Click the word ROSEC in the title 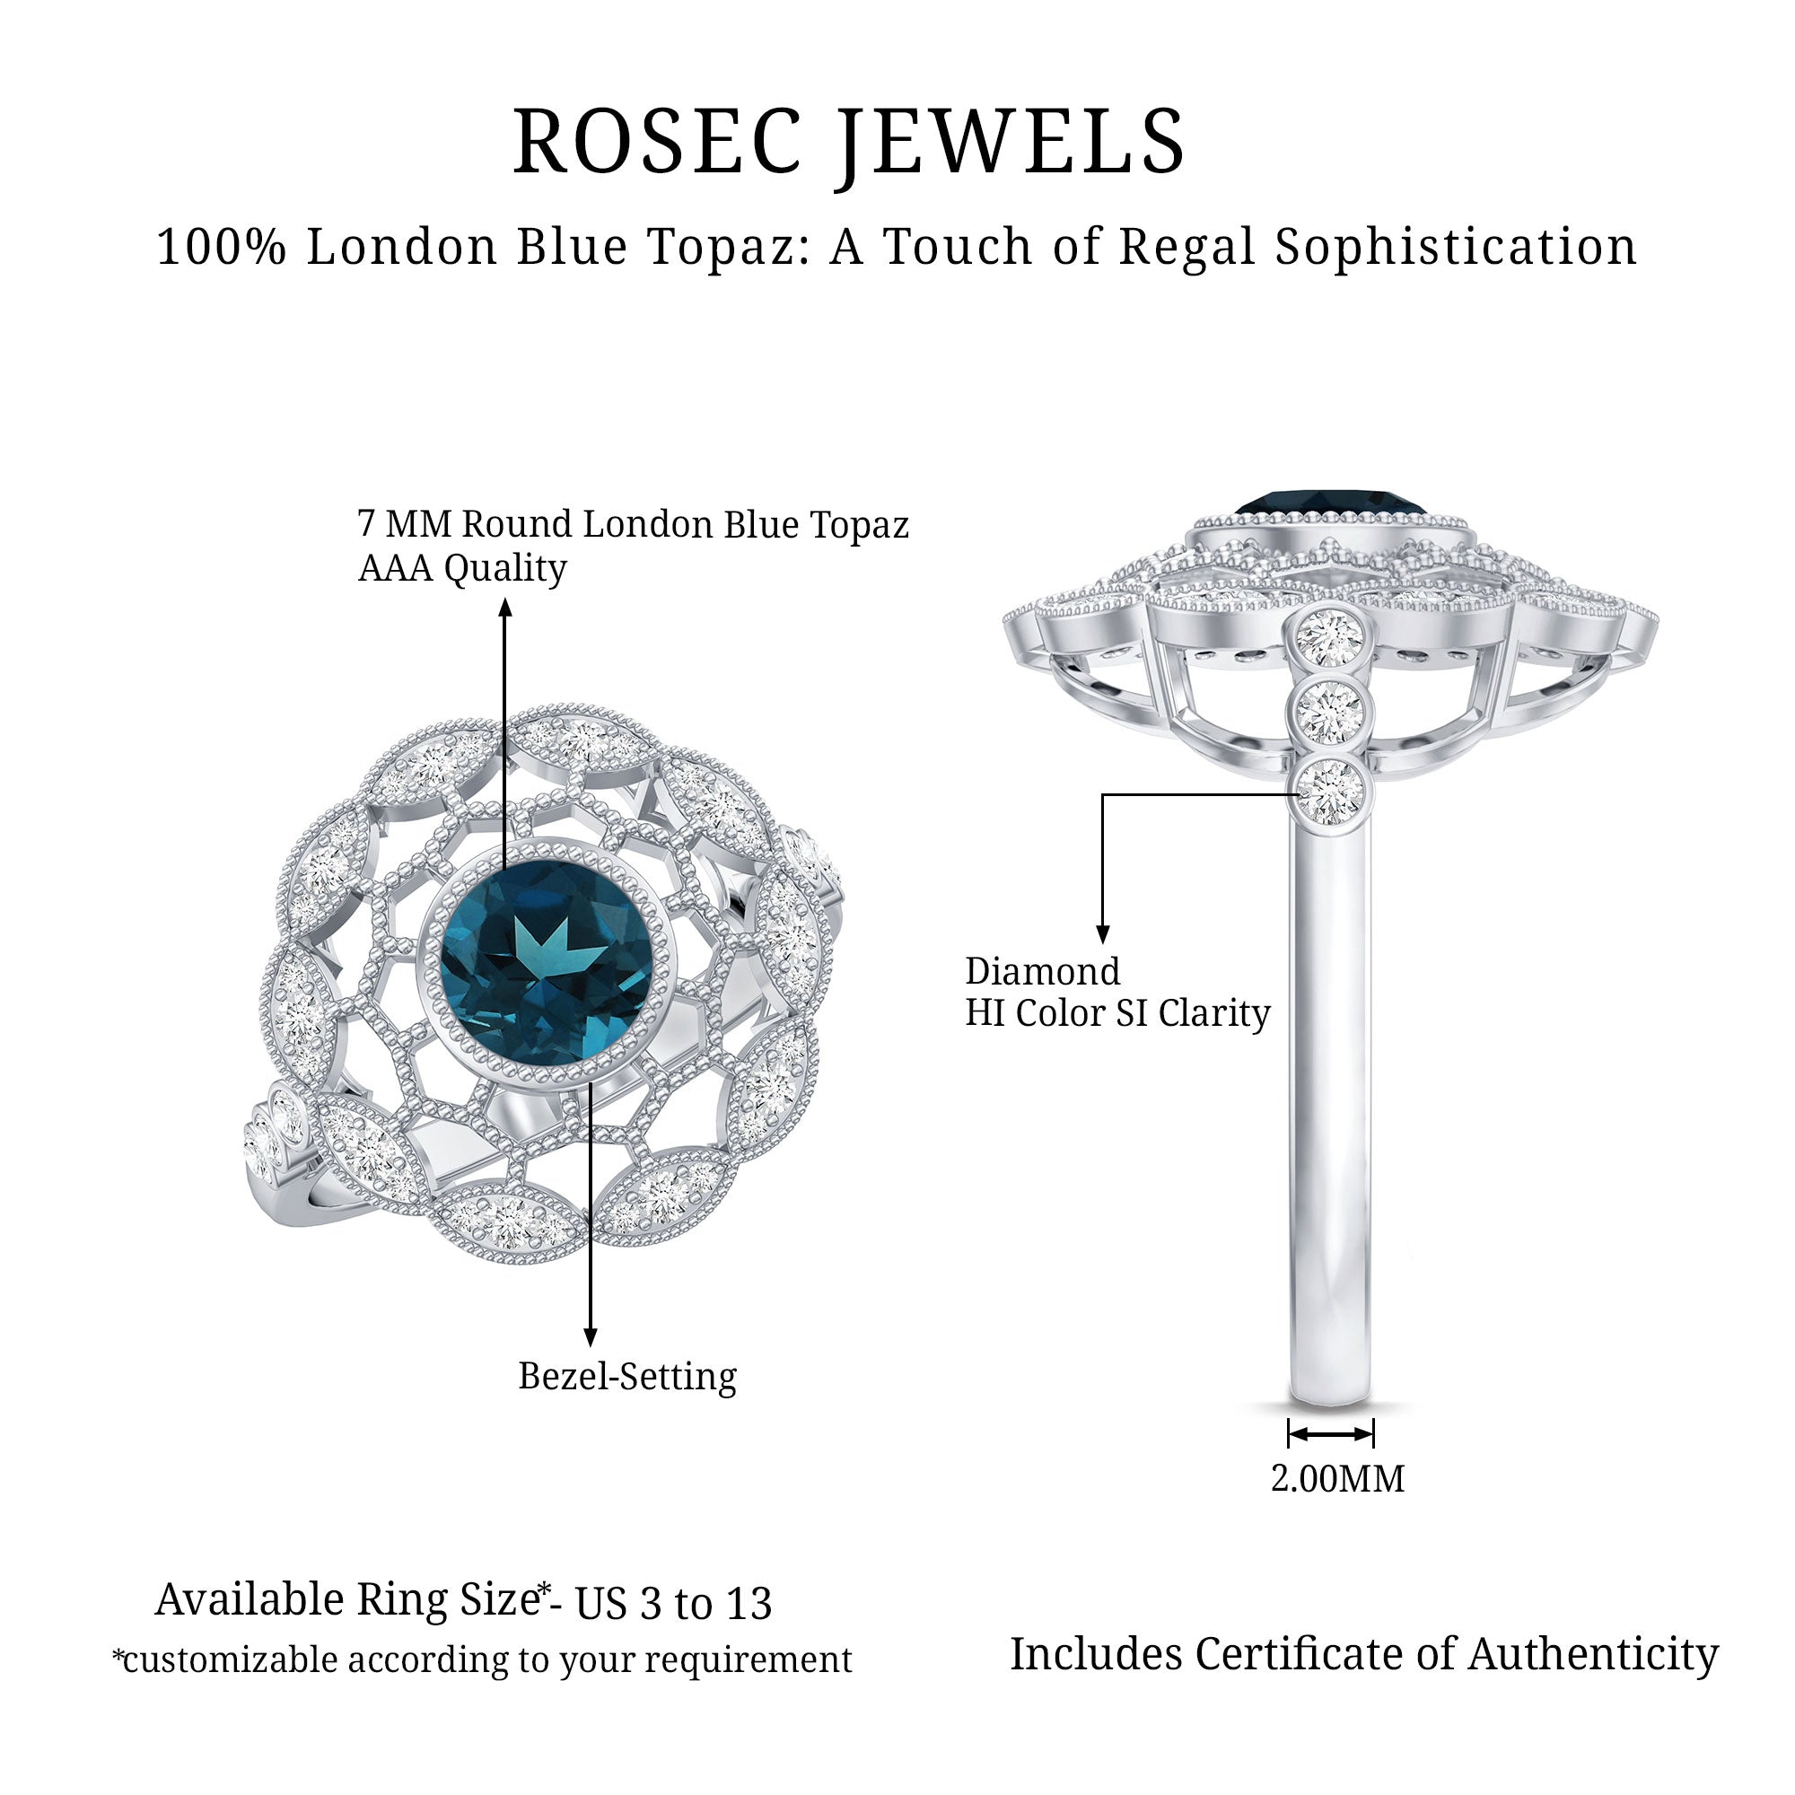[x=656, y=141]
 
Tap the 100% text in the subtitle [x=221, y=248]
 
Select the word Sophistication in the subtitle [x=1455, y=248]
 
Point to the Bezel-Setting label [x=627, y=1376]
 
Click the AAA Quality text [x=461, y=568]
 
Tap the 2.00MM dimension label [x=1337, y=1478]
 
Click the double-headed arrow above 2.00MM [x=1330, y=1433]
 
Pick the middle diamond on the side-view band [x=1329, y=713]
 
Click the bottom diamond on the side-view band [x=1329, y=792]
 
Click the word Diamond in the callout [x=1042, y=972]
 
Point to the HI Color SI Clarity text [x=1117, y=1012]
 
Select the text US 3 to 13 [x=674, y=1605]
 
